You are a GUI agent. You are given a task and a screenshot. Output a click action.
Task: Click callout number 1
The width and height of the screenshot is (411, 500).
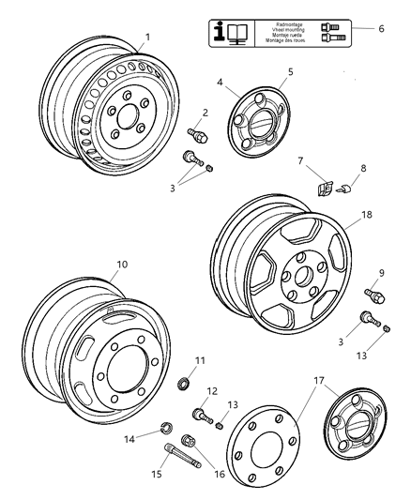[x=145, y=38]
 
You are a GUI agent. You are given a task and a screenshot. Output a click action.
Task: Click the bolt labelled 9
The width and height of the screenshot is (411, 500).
[x=374, y=296]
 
